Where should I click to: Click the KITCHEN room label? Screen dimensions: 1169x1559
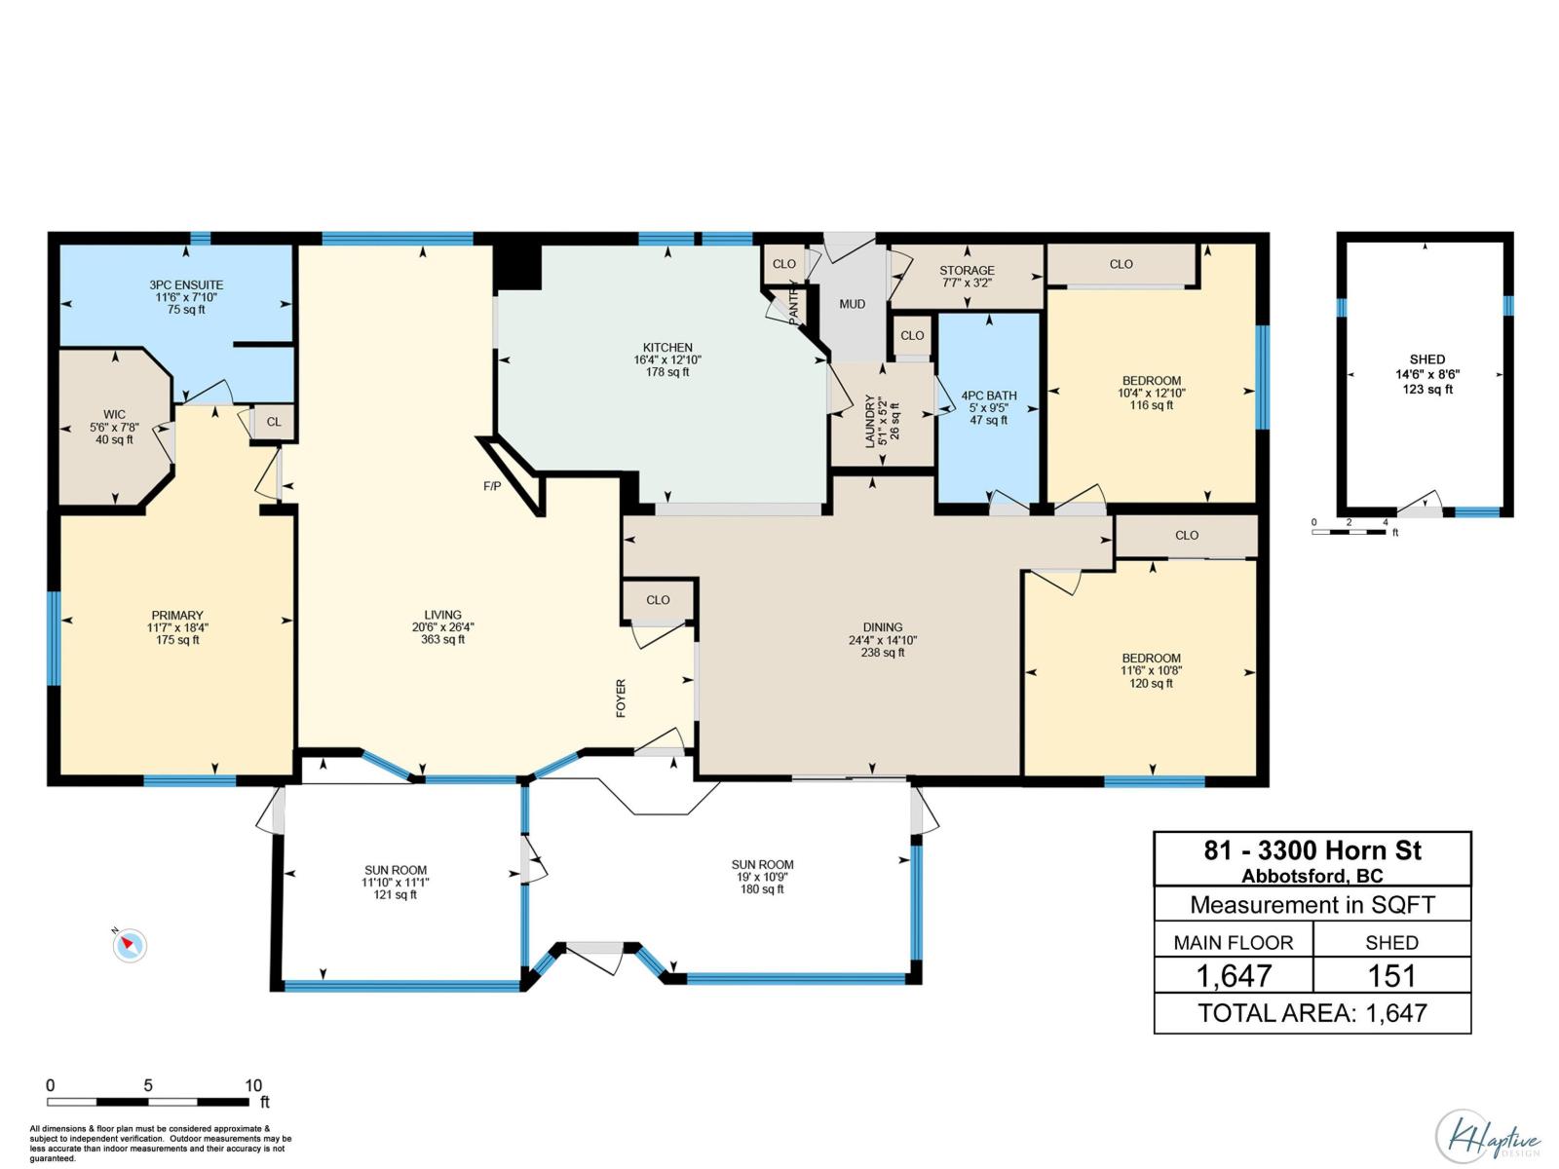[667, 348]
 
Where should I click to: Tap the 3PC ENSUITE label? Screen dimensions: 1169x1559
[186, 285]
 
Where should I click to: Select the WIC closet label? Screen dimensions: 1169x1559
[114, 415]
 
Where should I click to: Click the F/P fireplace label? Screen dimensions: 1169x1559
[492, 486]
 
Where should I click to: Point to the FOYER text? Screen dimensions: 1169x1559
[621, 698]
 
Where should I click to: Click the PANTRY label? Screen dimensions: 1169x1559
[794, 302]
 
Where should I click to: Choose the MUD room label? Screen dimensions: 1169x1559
[853, 305]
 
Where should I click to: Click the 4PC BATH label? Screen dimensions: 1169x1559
[989, 396]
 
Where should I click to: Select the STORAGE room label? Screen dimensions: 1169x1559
[967, 271]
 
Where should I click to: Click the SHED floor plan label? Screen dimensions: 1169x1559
[1426, 359]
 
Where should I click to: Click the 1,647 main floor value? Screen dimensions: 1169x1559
[1234, 975]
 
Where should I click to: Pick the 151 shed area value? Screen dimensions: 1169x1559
[1391, 975]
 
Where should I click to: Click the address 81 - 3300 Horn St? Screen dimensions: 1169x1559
[1312, 850]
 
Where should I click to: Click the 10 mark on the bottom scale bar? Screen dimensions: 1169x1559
[253, 1085]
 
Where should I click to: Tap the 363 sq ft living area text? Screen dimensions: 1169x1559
[442, 640]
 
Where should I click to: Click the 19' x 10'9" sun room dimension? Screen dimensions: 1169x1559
[762, 877]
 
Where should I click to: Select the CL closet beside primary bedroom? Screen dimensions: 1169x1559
[274, 422]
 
